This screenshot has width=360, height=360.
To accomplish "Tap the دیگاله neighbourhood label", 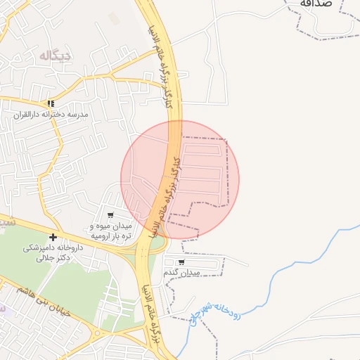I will click(54, 56).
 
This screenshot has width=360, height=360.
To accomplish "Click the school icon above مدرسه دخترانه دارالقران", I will click(50, 103).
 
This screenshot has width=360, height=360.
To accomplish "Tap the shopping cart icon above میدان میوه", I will click(110, 215).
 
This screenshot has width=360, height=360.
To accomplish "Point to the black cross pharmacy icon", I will click(53, 237).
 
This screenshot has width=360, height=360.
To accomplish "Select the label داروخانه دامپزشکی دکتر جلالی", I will click(53, 252).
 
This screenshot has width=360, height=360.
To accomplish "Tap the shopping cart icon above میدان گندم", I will click(181, 262).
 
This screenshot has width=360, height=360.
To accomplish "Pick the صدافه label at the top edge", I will click(314, 4).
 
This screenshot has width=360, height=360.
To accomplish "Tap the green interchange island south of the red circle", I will click(157, 243).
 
